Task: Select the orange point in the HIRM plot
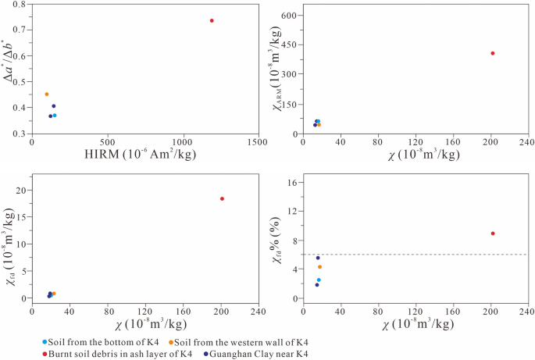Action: pyautogui.click(x=47, y=94)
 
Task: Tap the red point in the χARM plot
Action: pyautogui.click(x=493, y=53)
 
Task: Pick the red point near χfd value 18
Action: pyautogui.click(x=222, y=198)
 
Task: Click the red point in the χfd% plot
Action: pyautogui.click(x=493, y=233)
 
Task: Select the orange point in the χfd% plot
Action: pyautogui.click(x=319, y=267)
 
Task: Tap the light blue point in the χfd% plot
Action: pyautogui.click(x=319, y=280)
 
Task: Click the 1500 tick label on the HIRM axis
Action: pyautogui.click(x=258, y=144)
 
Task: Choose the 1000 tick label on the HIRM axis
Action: pyautogui.click(x=183, y=144)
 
